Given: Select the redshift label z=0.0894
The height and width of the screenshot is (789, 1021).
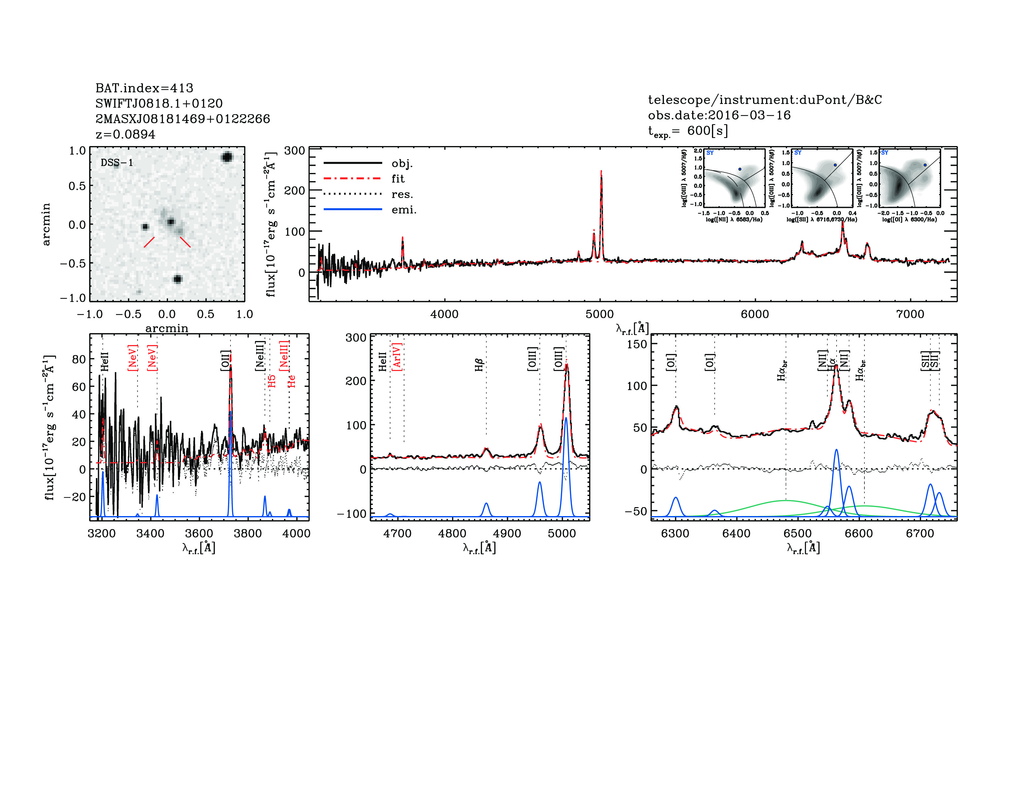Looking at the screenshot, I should pyautogui.click(x=125, y=134).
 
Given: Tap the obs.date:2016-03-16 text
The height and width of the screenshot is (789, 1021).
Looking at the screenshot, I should pyautogui.click(x=719, y=115).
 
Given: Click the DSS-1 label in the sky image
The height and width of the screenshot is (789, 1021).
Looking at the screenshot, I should pyautogui.click(x=117, y=163).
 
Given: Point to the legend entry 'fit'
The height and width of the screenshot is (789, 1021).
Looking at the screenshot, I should pyautogui.click(x=398, y=179).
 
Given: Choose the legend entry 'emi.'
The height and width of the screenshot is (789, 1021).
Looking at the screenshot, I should pyautogui.click(x=404, y=210).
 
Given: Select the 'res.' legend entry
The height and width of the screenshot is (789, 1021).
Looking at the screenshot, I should pyautogui.click(x=402, y=194).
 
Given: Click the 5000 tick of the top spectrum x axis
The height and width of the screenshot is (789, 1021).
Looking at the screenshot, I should pyautogui.click(x=600, y=314).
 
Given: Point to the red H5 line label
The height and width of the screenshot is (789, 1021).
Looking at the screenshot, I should pyautogui.click(x=272, y=381).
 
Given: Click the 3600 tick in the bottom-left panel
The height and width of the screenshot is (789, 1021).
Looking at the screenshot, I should pyautogui.click(x=199, y=534).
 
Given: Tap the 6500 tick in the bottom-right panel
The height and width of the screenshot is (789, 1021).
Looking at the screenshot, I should pyautogui.click(x=798, y=534).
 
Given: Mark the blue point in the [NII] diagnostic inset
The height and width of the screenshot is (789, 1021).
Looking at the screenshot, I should pyautogui.click(x=739, y=169).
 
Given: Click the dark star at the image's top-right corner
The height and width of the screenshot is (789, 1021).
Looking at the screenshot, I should pyautogui.click(x=227, y=157).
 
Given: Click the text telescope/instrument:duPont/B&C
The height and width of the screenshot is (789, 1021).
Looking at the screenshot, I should pyautogui.click(x=765, y=100).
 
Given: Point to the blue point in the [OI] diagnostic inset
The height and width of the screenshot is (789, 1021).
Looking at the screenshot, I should pyautogui.click(x=925, y=165).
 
